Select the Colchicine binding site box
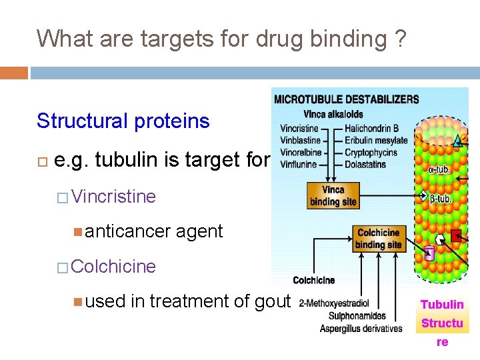379,239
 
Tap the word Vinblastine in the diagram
301,141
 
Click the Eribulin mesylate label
376,141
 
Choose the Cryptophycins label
371,152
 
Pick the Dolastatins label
365,164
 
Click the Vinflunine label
299,164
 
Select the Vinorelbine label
301,152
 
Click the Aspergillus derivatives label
361,328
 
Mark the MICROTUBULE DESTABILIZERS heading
347,100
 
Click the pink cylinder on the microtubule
429,253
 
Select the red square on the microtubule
457,235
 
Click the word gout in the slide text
273,302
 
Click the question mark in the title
399,39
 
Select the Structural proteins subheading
123,121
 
